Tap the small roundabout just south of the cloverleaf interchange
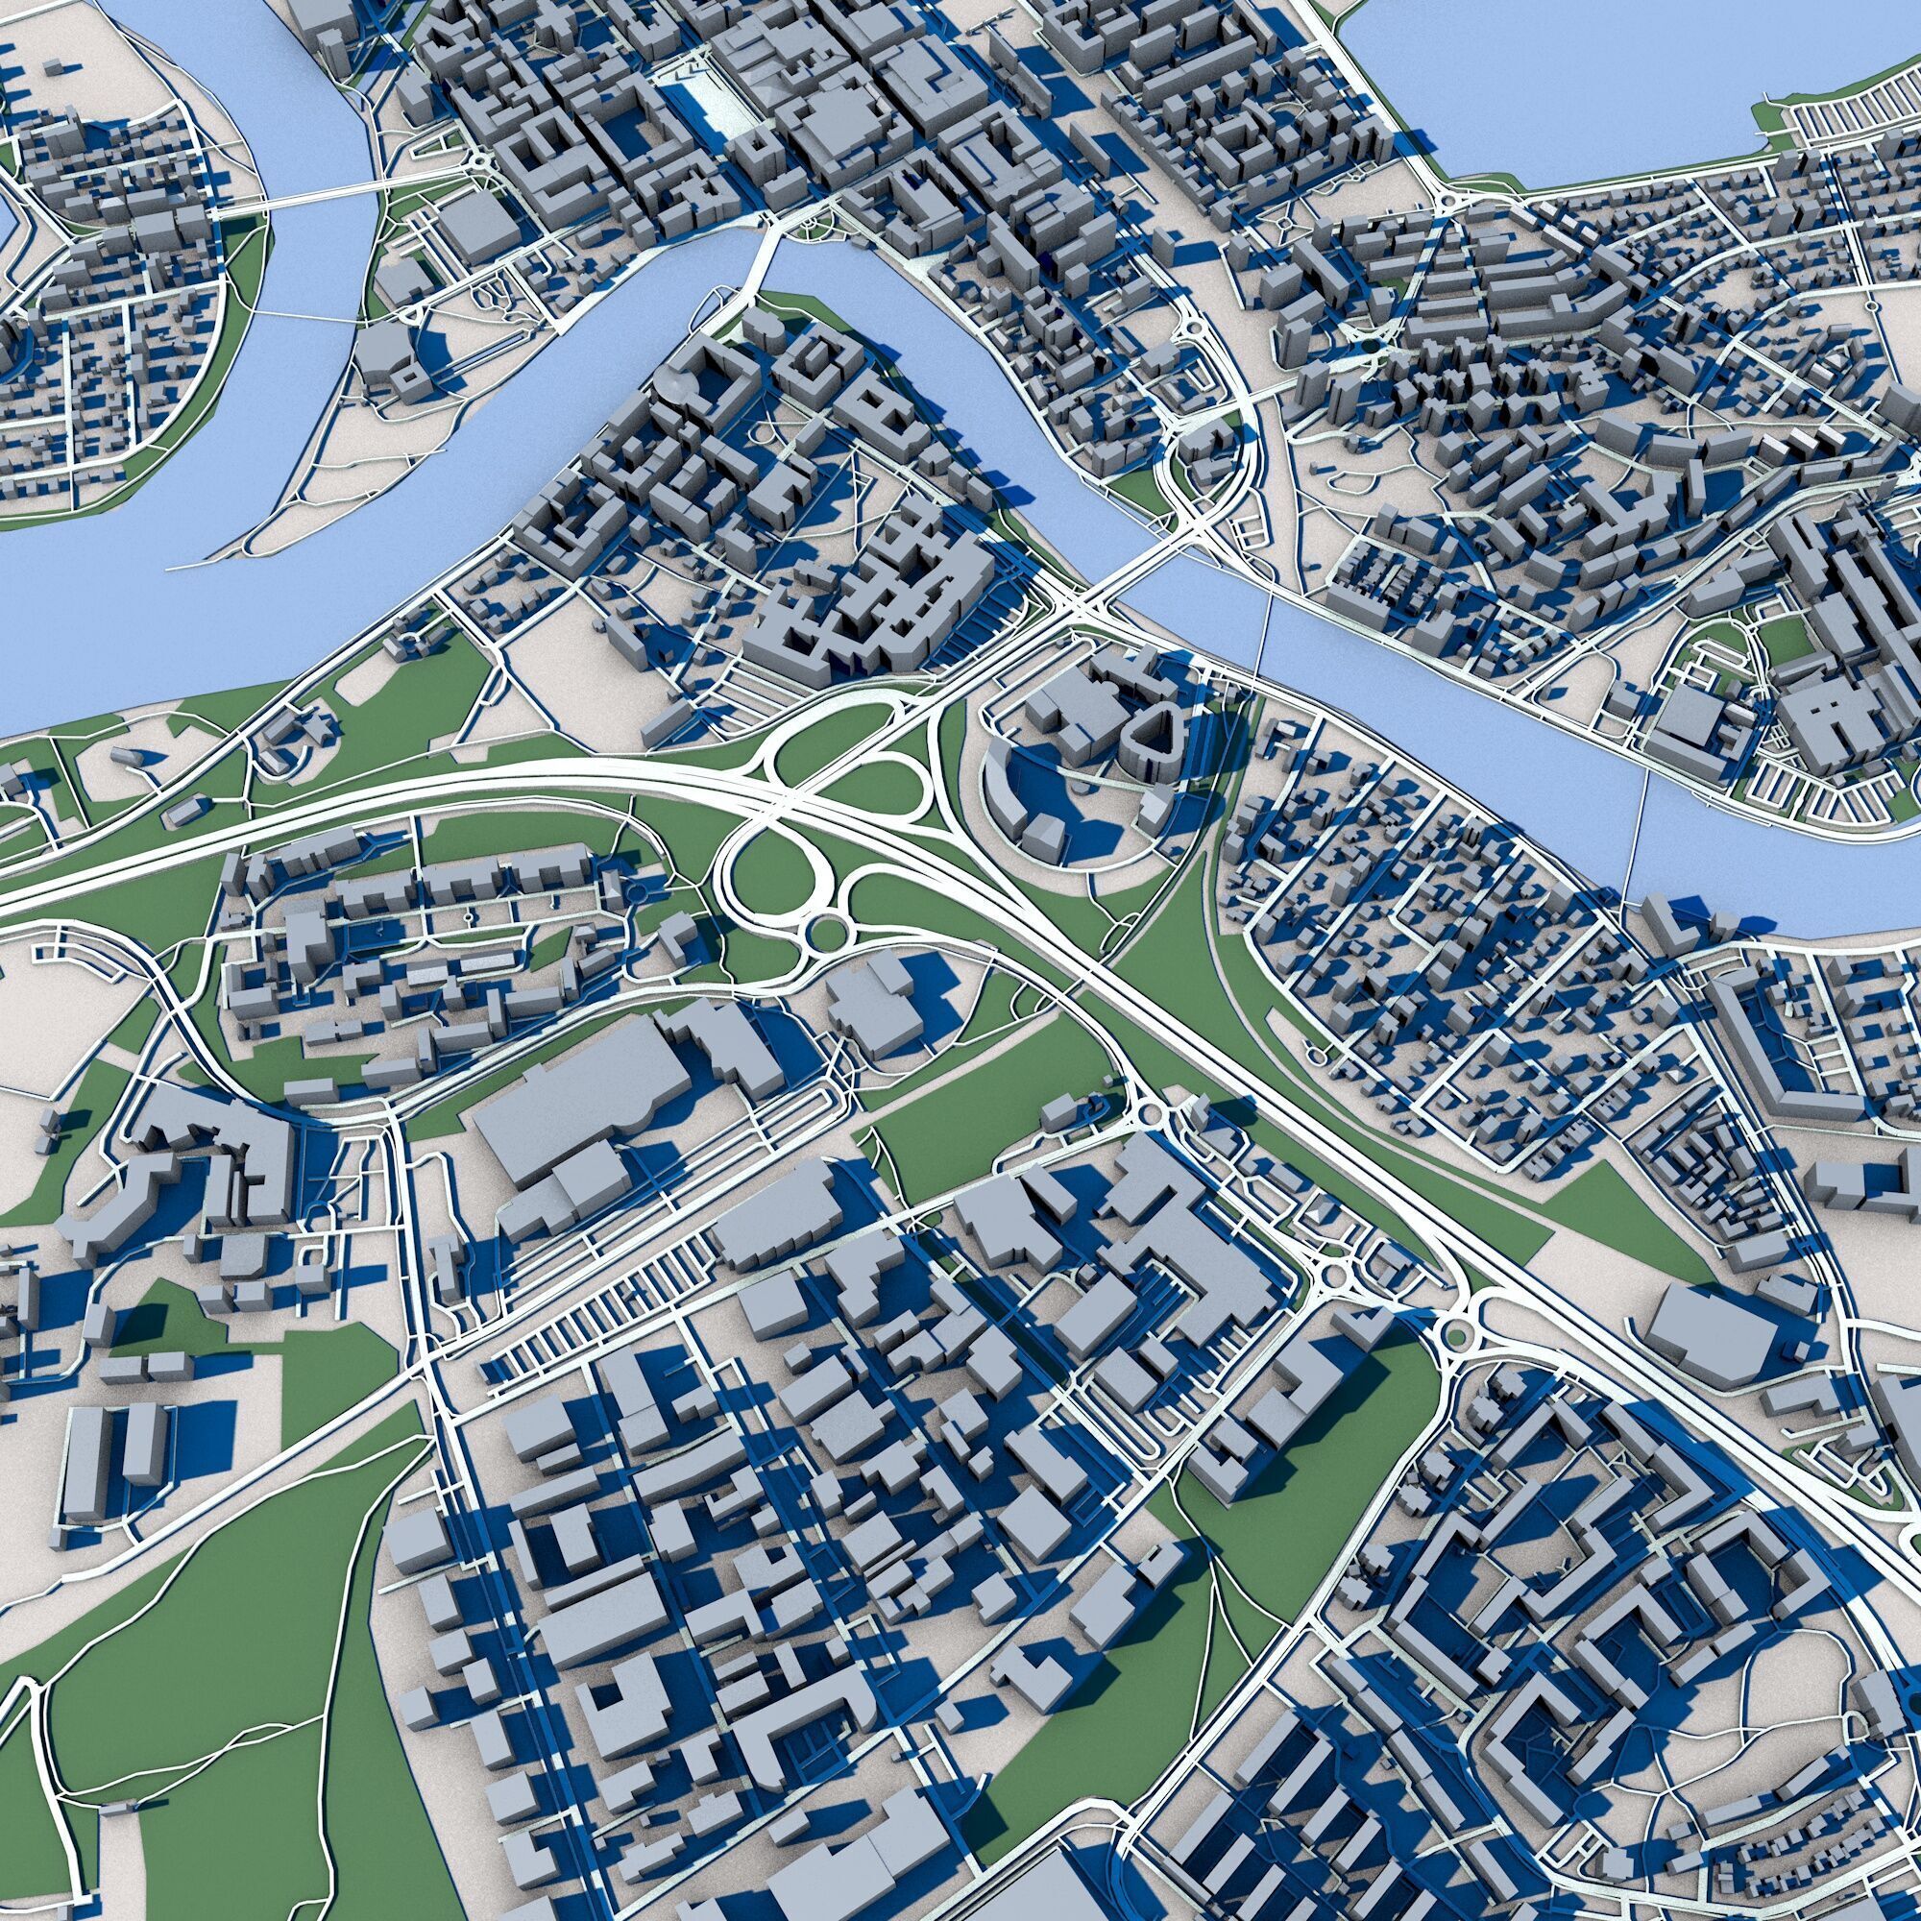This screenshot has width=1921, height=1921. (x=824, y=933)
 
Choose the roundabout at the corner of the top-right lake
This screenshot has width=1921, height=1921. (x=1447, y=205)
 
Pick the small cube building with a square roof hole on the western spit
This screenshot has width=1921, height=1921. (x=405, y=378)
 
